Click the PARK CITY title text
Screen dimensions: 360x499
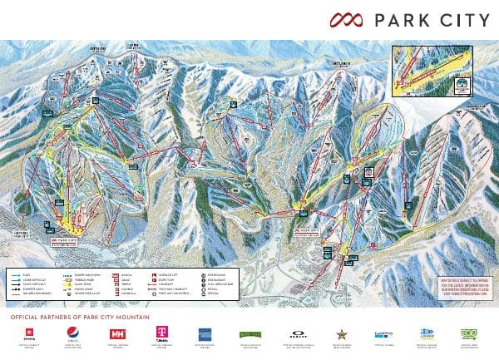click(x=432, y=20)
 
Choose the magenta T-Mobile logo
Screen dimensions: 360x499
click(x=158, y=334)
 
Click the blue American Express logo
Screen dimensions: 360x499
click(x=204, y=334)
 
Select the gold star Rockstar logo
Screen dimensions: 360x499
click(x=340, y=334)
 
